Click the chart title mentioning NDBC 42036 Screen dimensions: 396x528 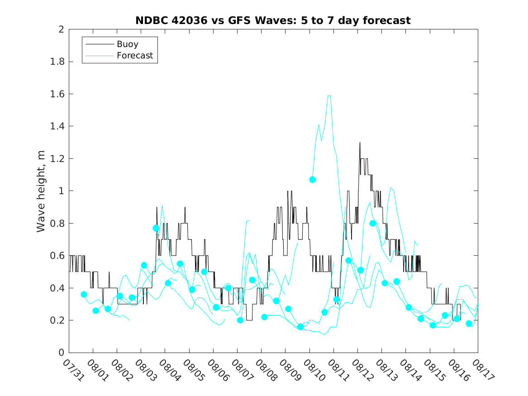tap(273, 20)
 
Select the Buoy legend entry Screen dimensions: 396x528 tap(127, 44)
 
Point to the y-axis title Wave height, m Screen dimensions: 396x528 tap(41, 191)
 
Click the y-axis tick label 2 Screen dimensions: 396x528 tap(61, 29)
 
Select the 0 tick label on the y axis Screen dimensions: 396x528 tap(61, 353)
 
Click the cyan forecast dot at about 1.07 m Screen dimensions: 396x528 tap(312, 180)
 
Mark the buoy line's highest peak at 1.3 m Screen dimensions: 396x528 tap(360, 143)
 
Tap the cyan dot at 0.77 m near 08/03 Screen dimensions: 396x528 tap(156, 228)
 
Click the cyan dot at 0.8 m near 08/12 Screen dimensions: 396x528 tap(373, 223)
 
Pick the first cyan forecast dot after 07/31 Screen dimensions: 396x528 tap(84, 294)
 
